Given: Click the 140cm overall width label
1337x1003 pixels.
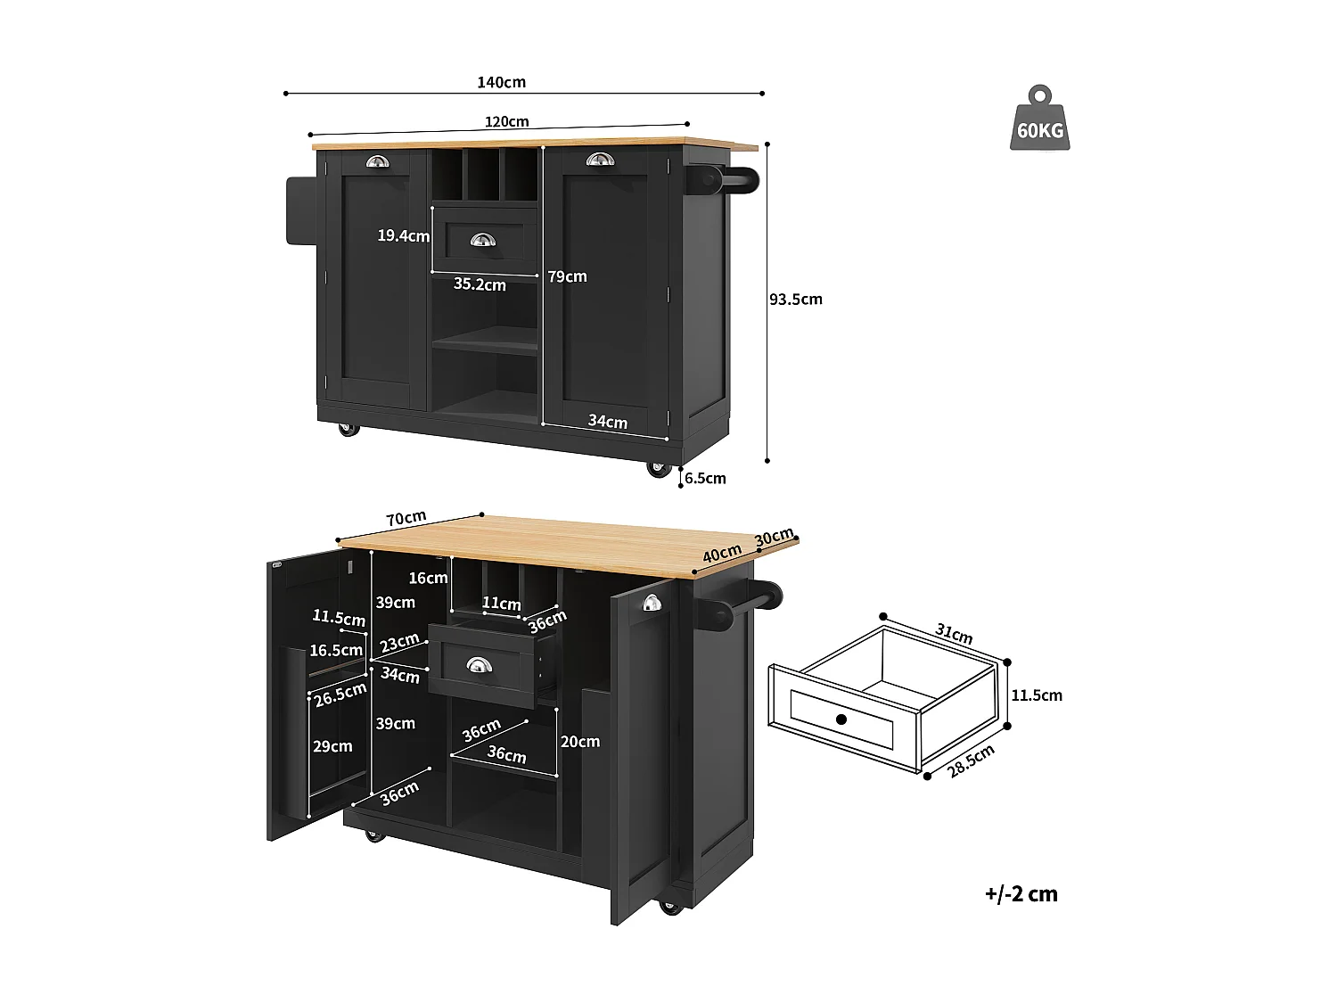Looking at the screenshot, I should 501,82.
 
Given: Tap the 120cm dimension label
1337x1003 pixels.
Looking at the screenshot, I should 506,121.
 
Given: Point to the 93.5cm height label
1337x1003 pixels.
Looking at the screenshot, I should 795,300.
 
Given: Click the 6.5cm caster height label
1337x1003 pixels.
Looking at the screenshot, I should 705,479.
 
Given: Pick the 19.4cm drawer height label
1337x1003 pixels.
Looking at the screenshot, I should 403,236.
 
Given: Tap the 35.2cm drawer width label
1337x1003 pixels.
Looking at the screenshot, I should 480,284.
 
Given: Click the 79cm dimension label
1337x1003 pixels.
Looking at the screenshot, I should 567,276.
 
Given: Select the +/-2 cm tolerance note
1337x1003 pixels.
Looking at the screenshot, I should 1021,894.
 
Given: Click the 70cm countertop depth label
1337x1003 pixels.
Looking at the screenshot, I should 406,518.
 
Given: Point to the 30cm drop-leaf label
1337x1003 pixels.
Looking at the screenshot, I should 774,538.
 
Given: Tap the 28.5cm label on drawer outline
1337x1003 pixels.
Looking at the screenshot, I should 971,761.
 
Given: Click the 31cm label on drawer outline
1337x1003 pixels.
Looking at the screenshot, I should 954,634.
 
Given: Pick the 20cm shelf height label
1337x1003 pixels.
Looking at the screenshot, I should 579,742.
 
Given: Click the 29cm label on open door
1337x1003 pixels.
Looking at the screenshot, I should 332,746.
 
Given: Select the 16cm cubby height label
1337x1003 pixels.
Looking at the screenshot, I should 428,579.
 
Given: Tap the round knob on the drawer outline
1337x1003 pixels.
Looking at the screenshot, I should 841,719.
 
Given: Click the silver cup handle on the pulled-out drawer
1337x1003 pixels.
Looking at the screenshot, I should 479,665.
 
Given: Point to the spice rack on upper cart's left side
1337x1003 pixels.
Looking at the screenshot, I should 300,210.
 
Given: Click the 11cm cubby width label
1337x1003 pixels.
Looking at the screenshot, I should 501,604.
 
